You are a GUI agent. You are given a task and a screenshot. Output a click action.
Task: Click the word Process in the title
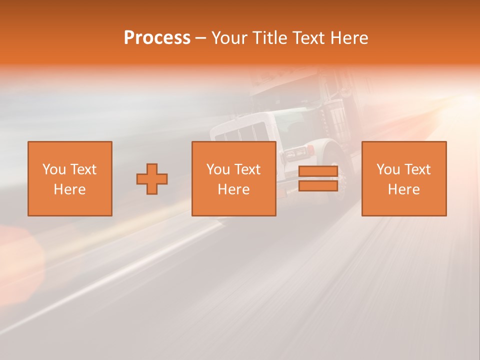[157, 38]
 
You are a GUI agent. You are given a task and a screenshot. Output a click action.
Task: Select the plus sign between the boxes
[152, 179]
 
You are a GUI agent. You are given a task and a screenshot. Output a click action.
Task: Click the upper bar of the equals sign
[318, 171]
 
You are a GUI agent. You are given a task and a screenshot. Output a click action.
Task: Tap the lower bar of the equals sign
[318, 186]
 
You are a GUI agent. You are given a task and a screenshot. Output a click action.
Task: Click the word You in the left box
[54, 169]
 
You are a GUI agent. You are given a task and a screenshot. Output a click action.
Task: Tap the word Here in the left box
[69, 189]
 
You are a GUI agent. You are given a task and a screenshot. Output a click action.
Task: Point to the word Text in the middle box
[247, 169]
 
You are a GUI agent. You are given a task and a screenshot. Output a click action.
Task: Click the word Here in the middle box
[233, 189]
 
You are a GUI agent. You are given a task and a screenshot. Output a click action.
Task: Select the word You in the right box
[388, 169]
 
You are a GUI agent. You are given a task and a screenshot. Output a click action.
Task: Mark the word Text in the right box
[417, 169]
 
